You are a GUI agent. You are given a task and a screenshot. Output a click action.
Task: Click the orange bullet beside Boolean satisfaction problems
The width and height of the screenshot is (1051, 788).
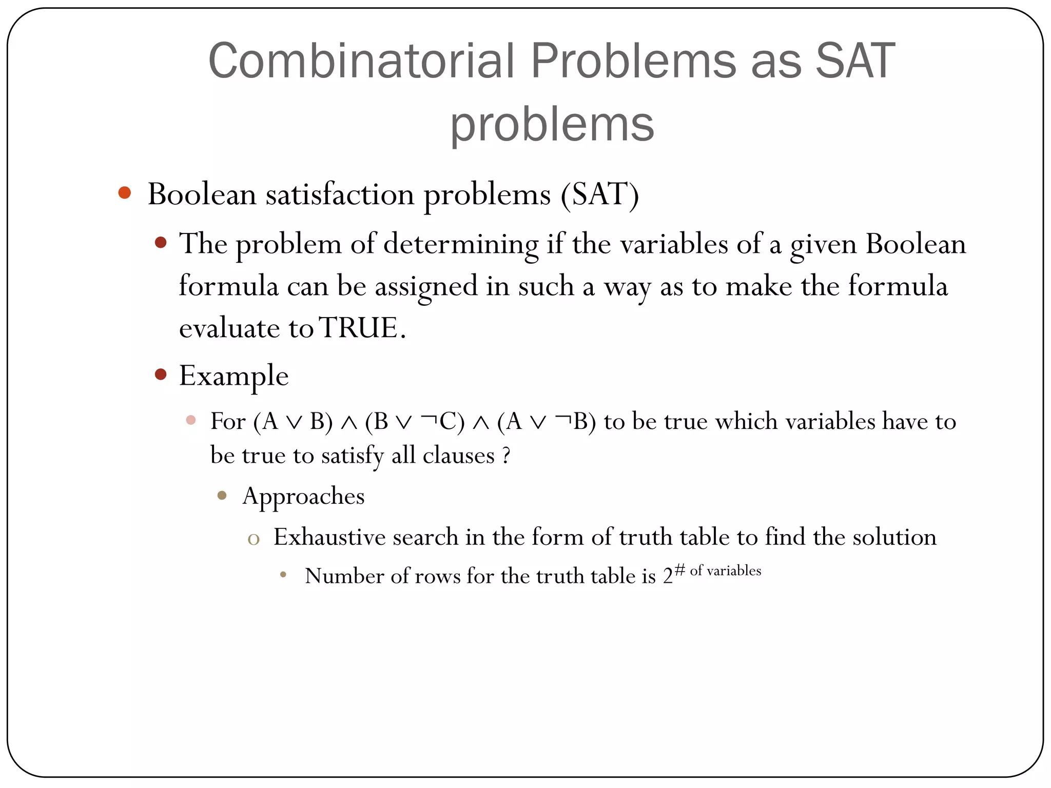[124, 193]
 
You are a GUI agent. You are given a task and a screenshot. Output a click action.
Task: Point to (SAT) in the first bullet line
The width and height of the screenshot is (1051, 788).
[599, 194]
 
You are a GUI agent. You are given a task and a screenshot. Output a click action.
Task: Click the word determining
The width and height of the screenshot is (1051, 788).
[461, 244]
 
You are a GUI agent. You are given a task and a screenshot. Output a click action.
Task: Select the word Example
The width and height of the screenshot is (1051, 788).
[233, 376]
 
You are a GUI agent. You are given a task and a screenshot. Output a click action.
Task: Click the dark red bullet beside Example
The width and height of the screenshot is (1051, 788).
[161, 374]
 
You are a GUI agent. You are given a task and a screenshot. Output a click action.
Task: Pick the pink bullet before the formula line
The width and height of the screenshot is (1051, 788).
[191, 420]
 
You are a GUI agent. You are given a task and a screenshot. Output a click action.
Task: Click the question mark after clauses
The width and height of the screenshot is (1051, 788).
[506, 456]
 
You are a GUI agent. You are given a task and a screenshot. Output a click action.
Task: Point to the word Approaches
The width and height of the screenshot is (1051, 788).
[303, 496]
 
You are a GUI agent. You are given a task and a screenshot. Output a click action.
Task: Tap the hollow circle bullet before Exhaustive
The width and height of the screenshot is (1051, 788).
[254, 539]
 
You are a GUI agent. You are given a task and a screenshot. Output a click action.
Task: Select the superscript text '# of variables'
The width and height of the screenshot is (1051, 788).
[718, 570]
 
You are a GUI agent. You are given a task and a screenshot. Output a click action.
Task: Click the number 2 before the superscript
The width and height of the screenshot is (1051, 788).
[667, 577]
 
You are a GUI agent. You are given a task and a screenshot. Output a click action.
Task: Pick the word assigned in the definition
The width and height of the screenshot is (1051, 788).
[426, 286]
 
